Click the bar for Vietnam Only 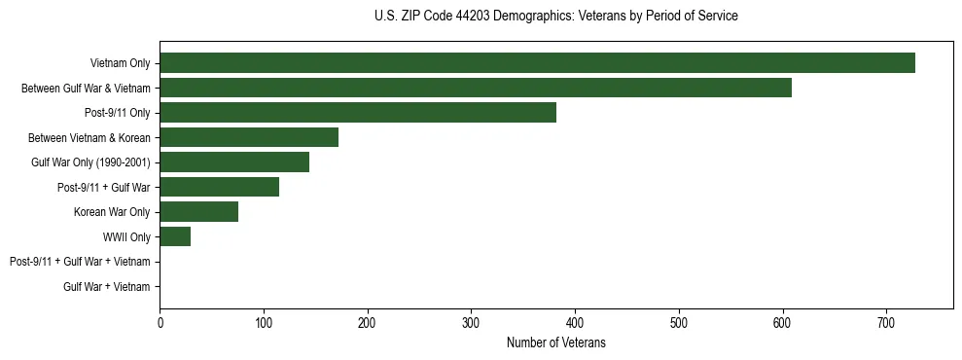click(537, 62)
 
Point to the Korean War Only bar click(198, 211)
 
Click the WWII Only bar click(175, 236)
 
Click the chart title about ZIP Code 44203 click(555, 17)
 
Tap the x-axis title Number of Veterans click(555, 342)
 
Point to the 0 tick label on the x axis click(160, 322)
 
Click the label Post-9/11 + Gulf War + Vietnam click(80, 262)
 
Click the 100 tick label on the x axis click(264, 322)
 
